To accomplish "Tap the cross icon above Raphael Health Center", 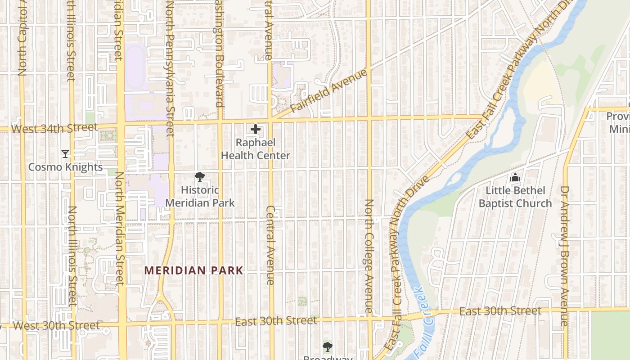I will pyautogui.click(x=256, y=130).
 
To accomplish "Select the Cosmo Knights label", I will pyautogui.click(x=66, y=167).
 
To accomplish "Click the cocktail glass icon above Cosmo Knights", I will pyautogui.click(x=65, y=154).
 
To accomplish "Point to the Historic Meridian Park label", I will pyautogui.click(x=200, y=197).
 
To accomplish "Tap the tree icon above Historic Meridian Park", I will pyautogui.click(x=199, y=177).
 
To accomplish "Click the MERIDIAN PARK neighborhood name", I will pyautogui.click(x=193, y=270).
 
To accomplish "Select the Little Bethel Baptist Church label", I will pyautogui.click(x=515, y=197).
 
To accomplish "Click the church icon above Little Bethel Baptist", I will pyautogui.click(x=515, y=178).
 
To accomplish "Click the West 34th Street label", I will pyautogui.click(x=54, y=128).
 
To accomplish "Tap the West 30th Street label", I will pyautogui.click(x=56, y=325).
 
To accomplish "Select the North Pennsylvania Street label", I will pyautogui.click(x=170, y=67).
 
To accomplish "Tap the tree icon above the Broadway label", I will pyautogui.click(x=328, y=347).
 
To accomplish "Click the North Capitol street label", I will pyautogui.click(x=22, y=40).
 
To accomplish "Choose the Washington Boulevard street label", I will pyautogui.click(x=219, y=54).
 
